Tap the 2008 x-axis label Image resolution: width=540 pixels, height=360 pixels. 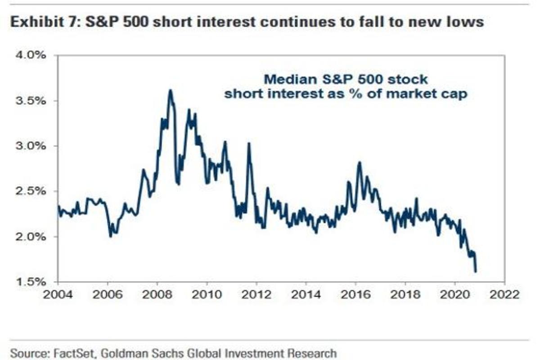(157, 295)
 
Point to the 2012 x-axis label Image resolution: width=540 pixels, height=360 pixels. (256, 295)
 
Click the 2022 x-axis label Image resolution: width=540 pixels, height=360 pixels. (504, 295)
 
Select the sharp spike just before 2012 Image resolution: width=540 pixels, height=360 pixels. (248, 144)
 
